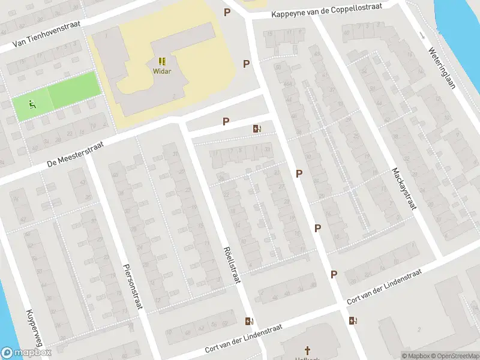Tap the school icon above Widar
click(x=162, y=61)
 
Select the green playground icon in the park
click(x=31, y=104)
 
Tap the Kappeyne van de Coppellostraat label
click(x=327, y=13)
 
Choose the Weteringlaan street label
click(x=440, y=59)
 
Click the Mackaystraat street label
click(x=404, y=188)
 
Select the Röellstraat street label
click(x=229, y=265)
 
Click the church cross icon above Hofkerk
click(x=308, y=349)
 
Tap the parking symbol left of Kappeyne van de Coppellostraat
click(x=227, y=12)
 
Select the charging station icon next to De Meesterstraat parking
click(x=257, y=128)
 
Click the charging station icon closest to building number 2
click(x=353, y=320)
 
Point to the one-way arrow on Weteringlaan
click(x=422, y=34)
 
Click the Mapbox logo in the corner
click(x=26, y=353)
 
